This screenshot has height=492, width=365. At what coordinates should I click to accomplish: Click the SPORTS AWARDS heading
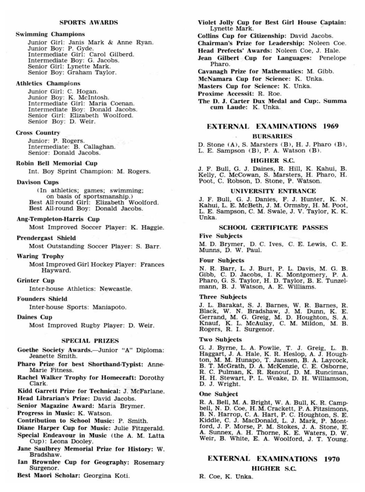89,22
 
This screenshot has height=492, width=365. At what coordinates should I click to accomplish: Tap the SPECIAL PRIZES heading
90,341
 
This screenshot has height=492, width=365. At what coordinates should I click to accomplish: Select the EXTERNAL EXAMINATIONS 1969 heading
273,126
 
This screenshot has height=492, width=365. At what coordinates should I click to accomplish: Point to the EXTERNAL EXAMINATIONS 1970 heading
274,459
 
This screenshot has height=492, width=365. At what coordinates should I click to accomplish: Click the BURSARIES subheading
272,136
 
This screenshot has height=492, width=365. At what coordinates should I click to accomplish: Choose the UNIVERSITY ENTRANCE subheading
273,191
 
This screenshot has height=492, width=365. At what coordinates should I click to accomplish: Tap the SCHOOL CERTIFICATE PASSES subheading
273,227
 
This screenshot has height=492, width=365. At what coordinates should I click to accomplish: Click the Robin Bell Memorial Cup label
57,163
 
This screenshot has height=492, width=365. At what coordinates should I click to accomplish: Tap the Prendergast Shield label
46,238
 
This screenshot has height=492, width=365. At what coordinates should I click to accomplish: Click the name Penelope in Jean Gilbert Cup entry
332,58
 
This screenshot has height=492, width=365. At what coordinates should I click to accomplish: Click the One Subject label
219,394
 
